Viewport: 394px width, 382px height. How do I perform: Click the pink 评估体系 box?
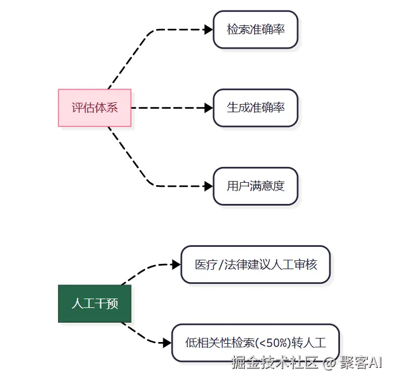[95, 108]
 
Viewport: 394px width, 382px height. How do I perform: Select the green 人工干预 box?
[95, 304]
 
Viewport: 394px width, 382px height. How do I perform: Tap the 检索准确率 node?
[255, 29]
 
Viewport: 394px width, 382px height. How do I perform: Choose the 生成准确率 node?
[255, 108]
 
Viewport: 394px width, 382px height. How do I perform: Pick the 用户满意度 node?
[255, 186]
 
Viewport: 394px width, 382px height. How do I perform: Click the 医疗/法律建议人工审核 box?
[255, 264]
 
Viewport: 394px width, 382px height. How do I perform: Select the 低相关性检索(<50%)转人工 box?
[255, 343]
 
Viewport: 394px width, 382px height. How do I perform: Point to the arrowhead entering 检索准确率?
[208, 29]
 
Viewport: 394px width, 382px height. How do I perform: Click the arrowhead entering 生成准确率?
[208, 108]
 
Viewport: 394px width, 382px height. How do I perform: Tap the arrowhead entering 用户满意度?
[208, 186]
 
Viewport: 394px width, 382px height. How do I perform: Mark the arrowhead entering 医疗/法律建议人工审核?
[176, 264]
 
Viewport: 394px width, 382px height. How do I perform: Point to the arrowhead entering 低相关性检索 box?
[167, 343]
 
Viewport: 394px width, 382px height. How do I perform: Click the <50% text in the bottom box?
[274, 343]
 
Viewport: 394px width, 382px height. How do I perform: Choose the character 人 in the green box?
[77, 304]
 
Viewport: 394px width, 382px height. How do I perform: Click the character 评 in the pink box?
[77, 108]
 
